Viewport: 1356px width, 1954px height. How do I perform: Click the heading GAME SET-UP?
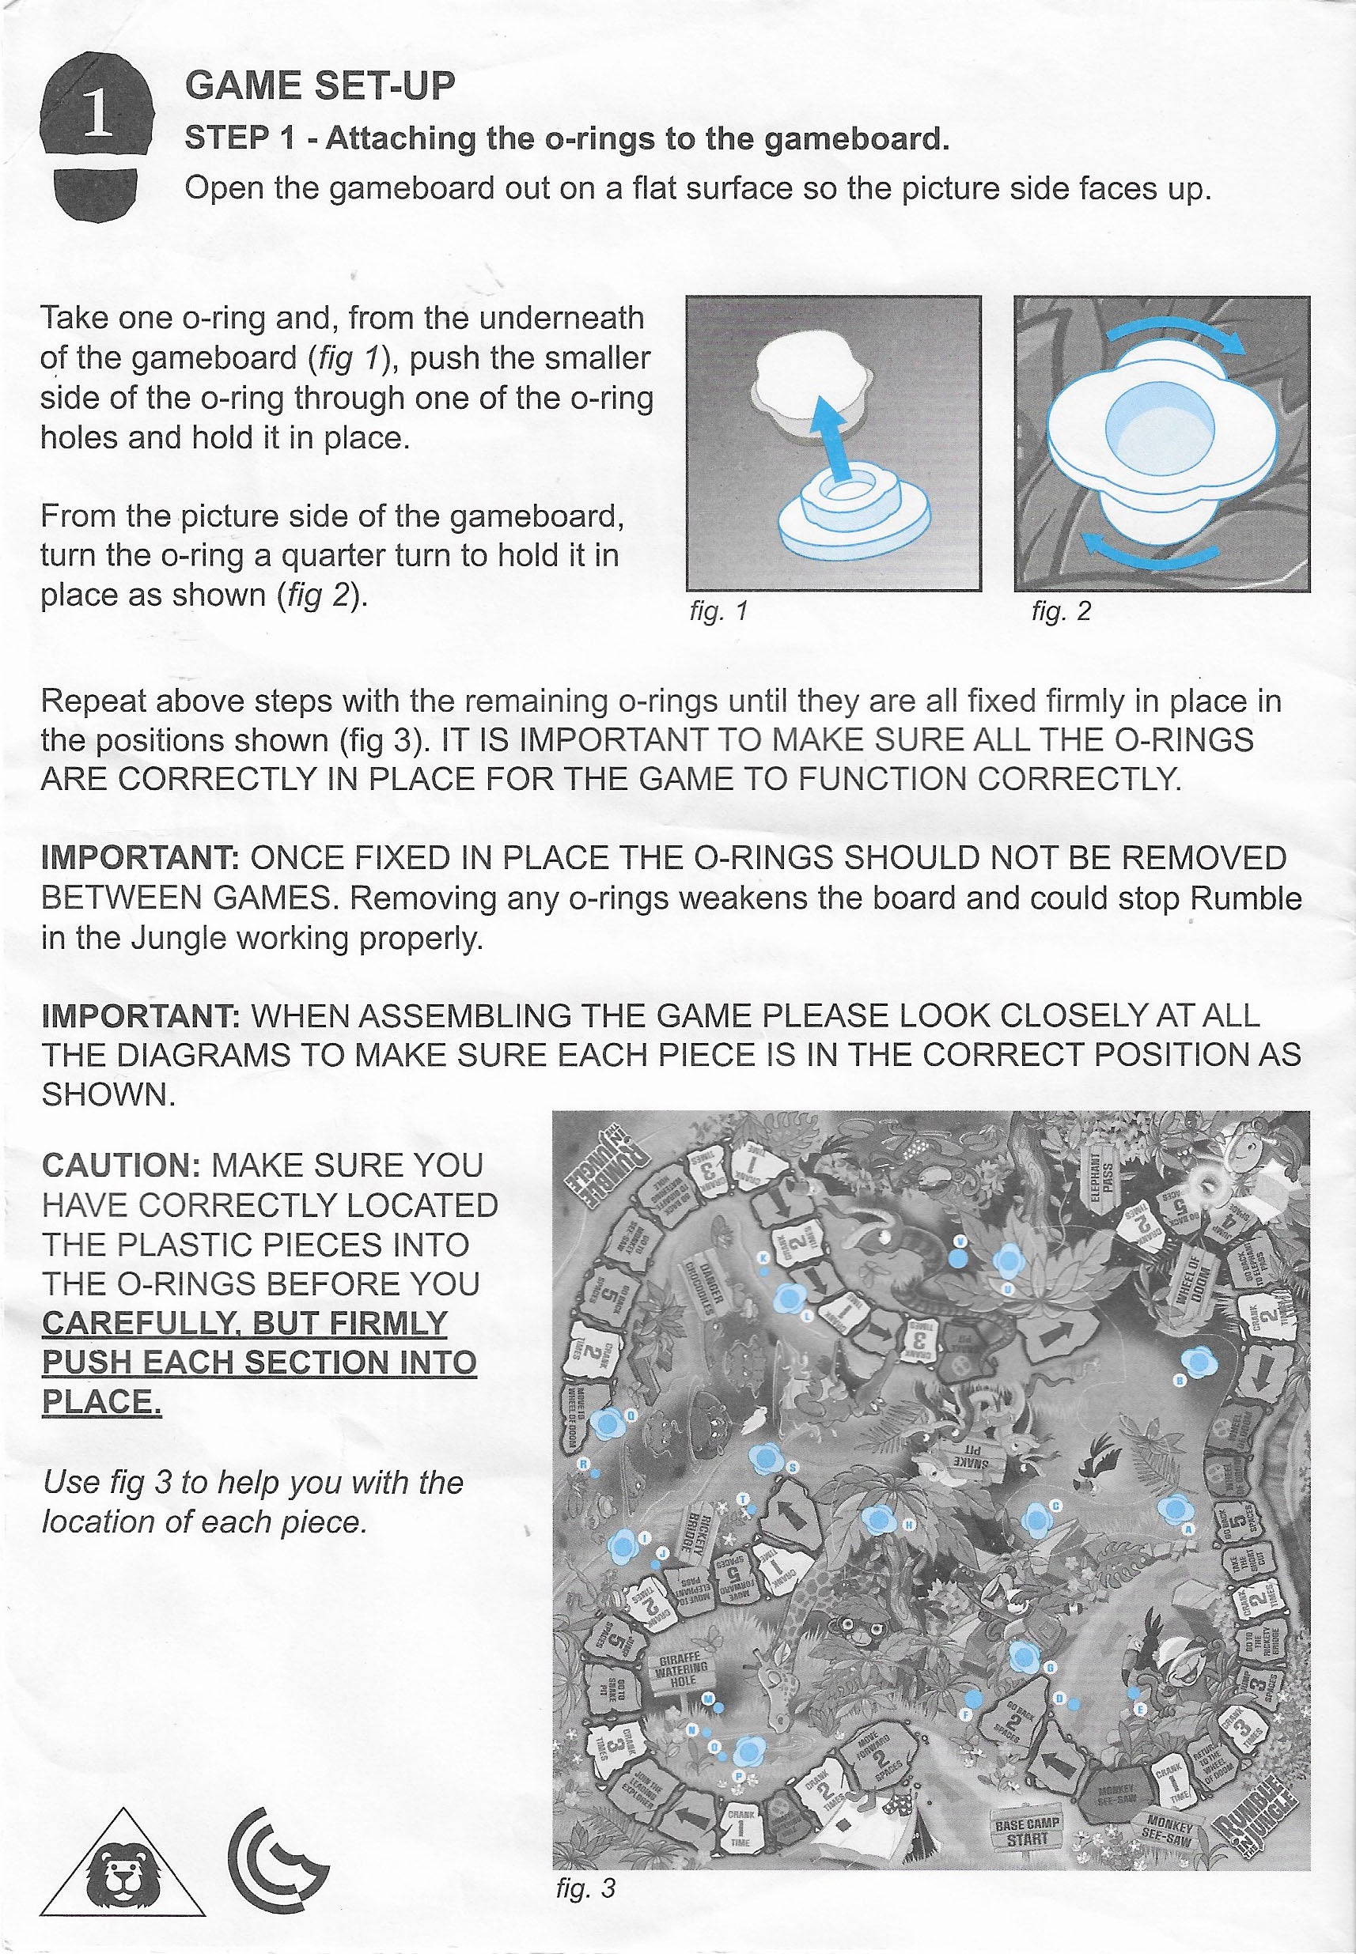(x=320, y=85)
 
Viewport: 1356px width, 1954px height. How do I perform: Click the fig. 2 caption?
(x=1060, y=610)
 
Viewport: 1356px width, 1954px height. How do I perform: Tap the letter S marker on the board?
(x=792, y=1467)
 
